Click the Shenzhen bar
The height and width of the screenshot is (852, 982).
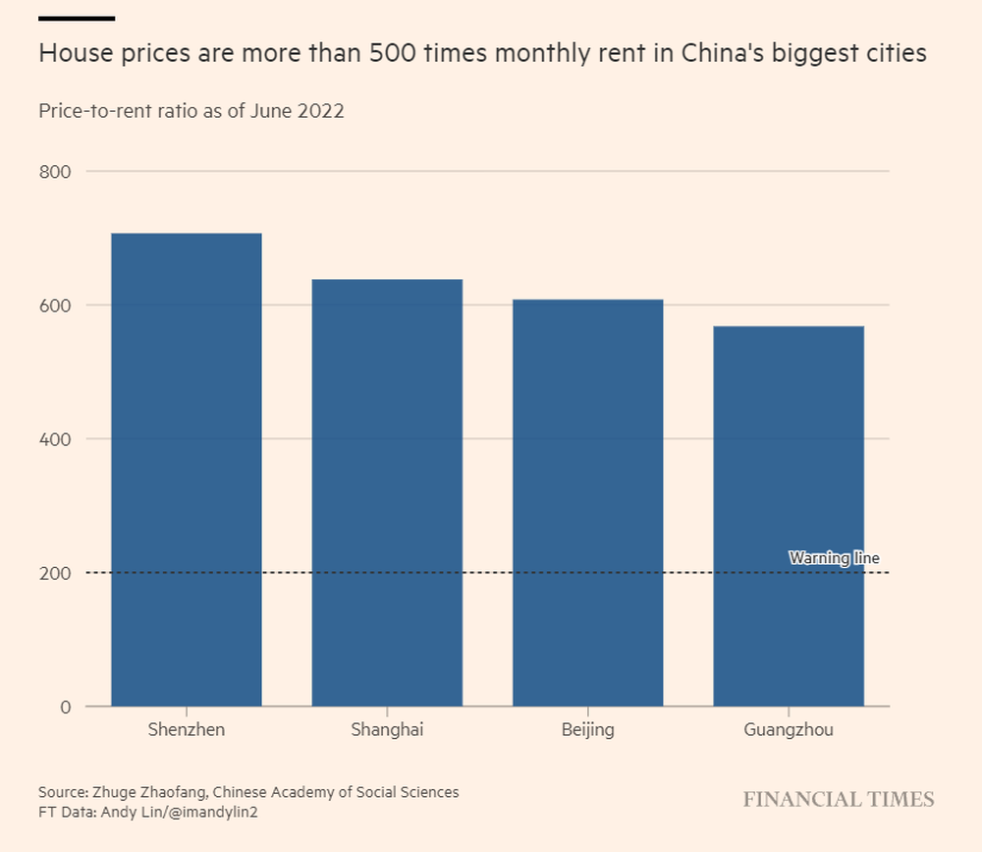tap(187, 470)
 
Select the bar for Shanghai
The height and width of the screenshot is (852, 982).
tap(387, 492)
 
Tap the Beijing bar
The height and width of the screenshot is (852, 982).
tap(588, 503)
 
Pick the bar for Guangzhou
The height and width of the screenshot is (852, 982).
tap(789, 516)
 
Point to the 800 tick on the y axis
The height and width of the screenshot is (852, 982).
tap(55, 172)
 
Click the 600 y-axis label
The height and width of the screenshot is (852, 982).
tap(55, 306)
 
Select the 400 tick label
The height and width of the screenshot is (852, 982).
tap(55, 439)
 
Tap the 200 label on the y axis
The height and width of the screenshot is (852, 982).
tap(55, 574)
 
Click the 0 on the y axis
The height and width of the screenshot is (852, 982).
tap(66, 708)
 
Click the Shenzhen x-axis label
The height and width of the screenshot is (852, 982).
tap(187, 730)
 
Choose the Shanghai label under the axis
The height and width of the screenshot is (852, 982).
tap(387, 730)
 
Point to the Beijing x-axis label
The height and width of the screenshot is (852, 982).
tap(588, 730)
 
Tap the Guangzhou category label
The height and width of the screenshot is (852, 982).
tap(789, 730)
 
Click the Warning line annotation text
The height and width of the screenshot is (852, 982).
tap(834, 558)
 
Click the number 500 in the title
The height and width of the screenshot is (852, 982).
tap(393, 53)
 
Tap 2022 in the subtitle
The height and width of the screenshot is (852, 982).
tap(321, 111)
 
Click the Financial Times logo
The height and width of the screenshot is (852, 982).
tap(839, 800)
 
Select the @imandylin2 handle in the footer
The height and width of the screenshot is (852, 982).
tap(213, 813)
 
